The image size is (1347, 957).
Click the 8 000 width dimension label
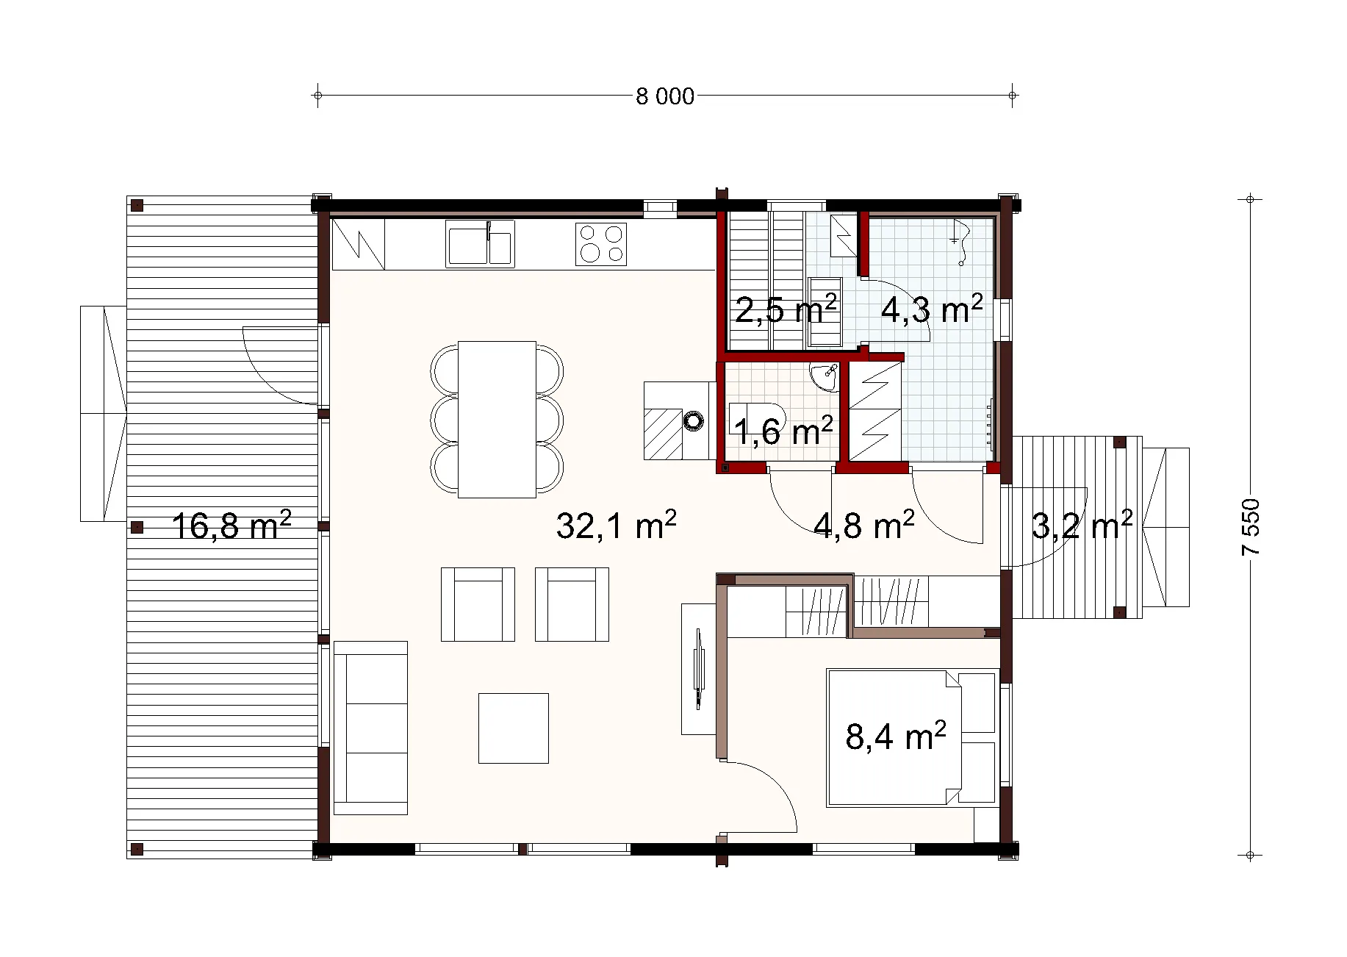[x=665, y=96]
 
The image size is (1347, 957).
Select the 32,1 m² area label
[x=617, y=525]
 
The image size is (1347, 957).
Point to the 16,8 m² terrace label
[x=232, y=525]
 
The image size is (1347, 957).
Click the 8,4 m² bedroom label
[x=895, y=736]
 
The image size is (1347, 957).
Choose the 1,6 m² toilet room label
[x=783, y=431]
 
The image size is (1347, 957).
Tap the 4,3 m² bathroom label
[x=932, y=309]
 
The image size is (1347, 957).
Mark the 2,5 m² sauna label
[x=786, y=309]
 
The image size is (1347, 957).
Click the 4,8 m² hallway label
[x=864, y=525]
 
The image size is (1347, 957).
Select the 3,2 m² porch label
[x=1082, y=525]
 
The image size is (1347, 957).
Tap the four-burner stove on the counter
[x=600, y=244]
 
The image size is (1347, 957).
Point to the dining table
[x=497, y=419]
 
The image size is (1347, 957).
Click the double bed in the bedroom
[x=912, y=737]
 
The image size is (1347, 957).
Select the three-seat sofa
[x=370, y=728]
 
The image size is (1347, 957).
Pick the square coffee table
[x=514, y=728]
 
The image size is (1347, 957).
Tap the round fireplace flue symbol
[x=693, y=421]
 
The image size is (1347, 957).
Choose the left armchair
[x=478, y=604]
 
